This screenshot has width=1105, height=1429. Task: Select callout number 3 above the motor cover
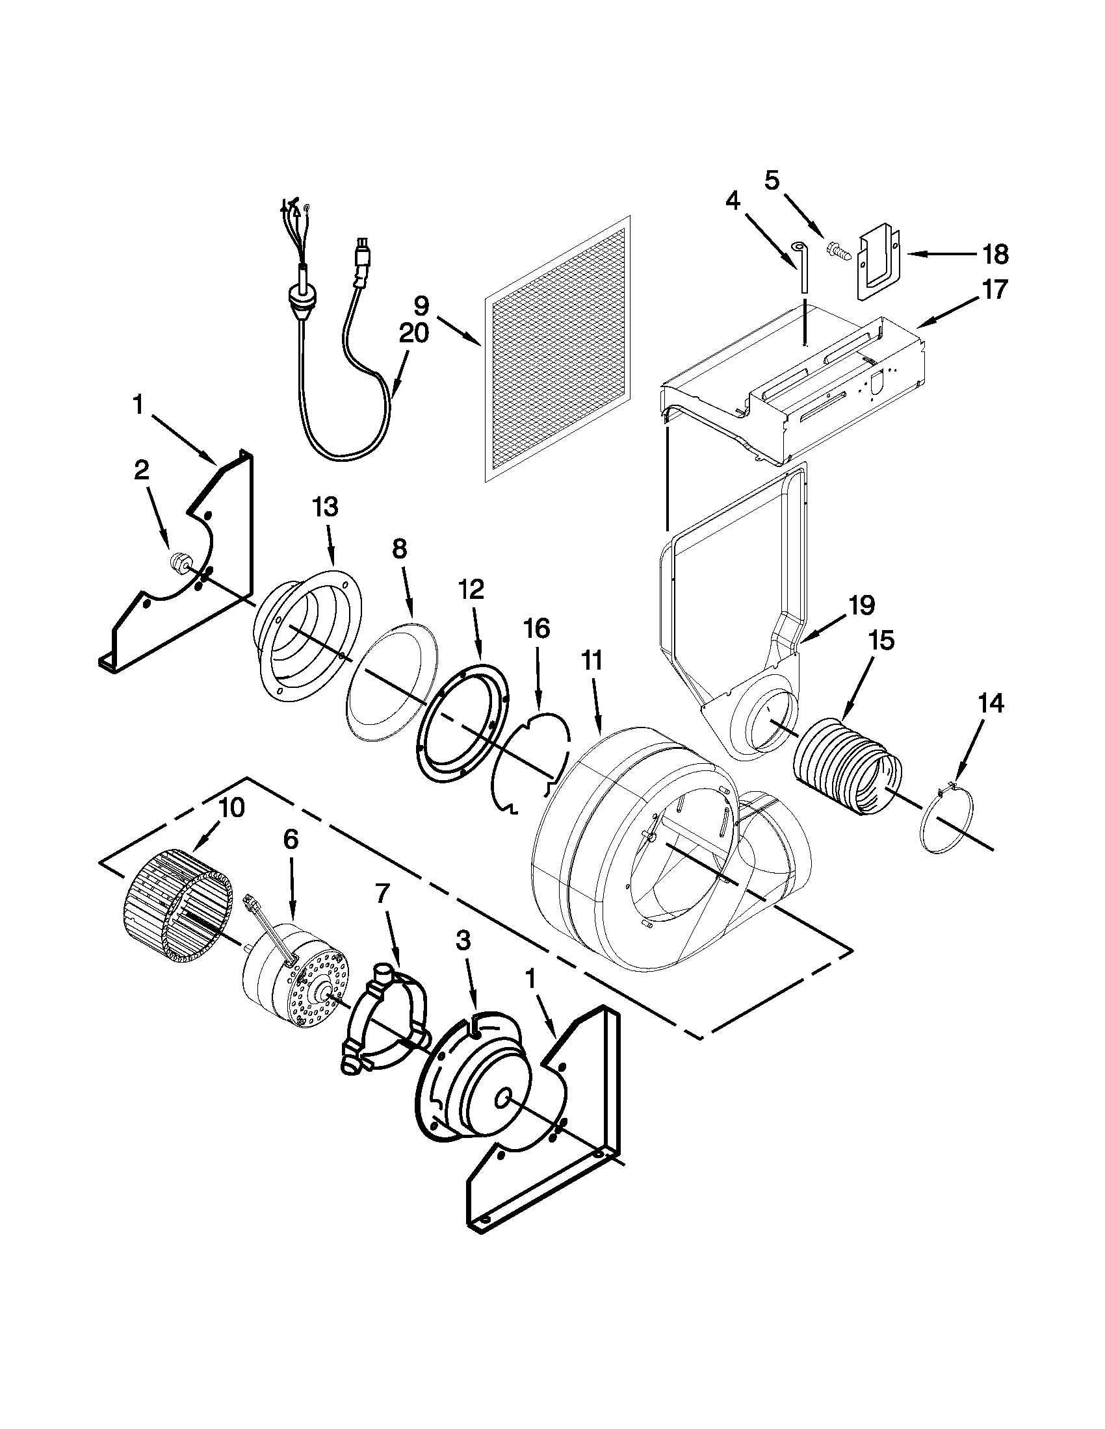(462, 942)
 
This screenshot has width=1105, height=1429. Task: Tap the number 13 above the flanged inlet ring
(326, 507)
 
